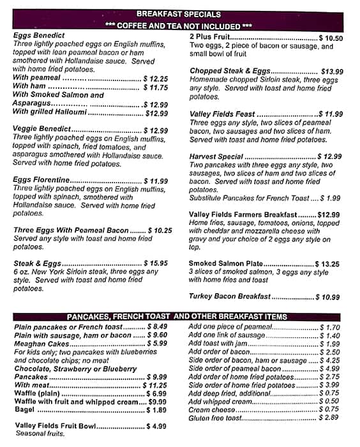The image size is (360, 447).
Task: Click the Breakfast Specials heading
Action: pos(179,14)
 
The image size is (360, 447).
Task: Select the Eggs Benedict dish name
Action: pos(39,36)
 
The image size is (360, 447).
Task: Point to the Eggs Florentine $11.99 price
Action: pos(156,181)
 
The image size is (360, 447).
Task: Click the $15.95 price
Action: pos(156,263)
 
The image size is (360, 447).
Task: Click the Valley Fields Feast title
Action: pos(221,114)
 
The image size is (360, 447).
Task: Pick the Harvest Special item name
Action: pos(216,156)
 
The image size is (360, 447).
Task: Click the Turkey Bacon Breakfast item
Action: pos(230,297)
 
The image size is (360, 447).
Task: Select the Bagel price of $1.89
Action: pos(156,410)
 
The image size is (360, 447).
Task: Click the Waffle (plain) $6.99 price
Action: pos(156,393)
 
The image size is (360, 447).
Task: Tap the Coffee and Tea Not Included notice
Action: pos(179,26)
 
